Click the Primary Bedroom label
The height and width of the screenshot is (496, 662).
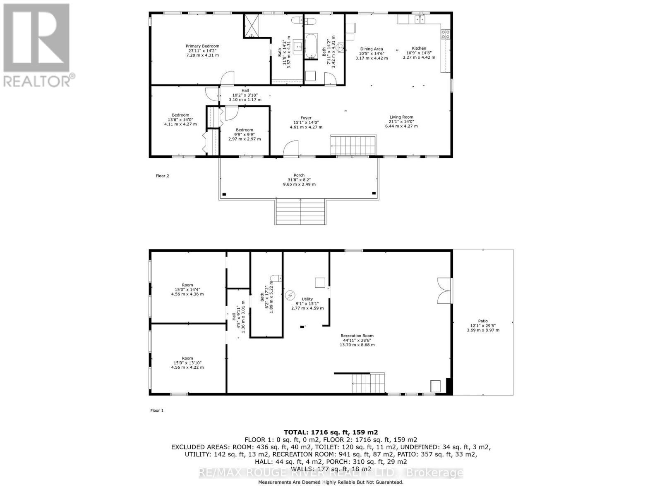(x=202, y=46)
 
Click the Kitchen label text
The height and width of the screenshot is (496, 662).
(x=419, y=48)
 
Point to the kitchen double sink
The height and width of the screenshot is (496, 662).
(x=420, y=19)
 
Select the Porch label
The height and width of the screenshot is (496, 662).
(x=299, y=175)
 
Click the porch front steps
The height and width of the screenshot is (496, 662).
(x=300, y=211)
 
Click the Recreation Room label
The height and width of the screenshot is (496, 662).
(x=357, y=336)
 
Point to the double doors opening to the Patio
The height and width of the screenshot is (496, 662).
(x=445, y=291)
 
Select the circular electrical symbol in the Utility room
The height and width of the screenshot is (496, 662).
(x=290, y=295)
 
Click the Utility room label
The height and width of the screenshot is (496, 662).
(x=307, y=299)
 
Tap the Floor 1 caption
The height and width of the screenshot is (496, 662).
(x=157, y=410)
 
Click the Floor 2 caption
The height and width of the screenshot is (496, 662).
(x=162, y=176)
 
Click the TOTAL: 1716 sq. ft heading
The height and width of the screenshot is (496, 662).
(x=331, y=432)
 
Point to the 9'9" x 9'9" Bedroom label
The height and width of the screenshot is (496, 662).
(x=245, y=130)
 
